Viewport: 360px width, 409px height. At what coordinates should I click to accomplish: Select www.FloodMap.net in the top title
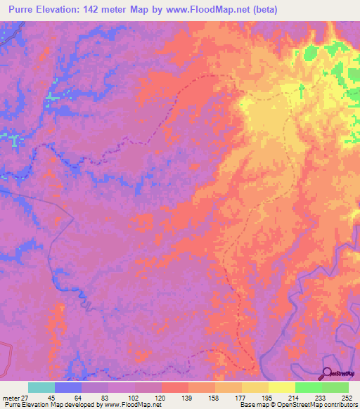click(211, 9)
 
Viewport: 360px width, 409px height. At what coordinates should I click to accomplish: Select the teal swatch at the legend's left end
click(41, 387)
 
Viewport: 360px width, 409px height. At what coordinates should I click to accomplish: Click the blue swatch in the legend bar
click(67, 387)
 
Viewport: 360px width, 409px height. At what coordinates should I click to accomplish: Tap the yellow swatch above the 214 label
click(281, 387)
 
